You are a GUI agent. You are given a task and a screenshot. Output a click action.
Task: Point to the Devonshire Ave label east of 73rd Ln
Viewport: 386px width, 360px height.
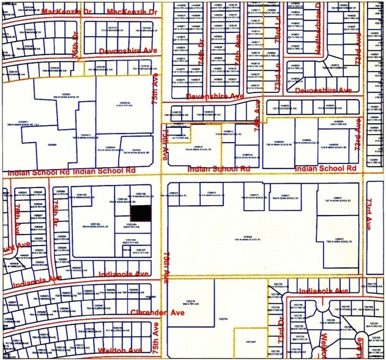click(x=324, y=91)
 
